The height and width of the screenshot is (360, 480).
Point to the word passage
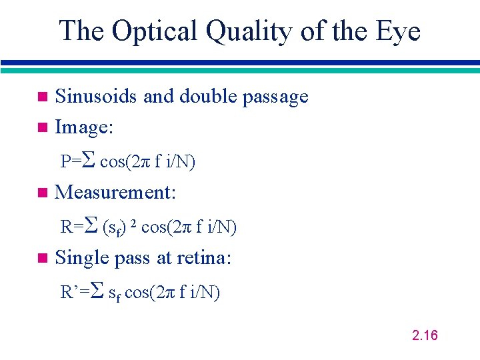tap(275, 97)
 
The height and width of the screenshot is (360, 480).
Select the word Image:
tap(83, 127)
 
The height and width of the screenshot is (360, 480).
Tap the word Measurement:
tap(115, 193)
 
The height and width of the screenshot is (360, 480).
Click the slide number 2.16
tap(425, 335)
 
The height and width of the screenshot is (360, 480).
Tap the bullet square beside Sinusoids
tap(43, 97)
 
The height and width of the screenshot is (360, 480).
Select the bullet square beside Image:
tap(43, 127)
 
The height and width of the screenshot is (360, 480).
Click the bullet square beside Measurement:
tap(43, 193)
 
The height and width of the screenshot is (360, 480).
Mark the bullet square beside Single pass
tap(43, 258)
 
